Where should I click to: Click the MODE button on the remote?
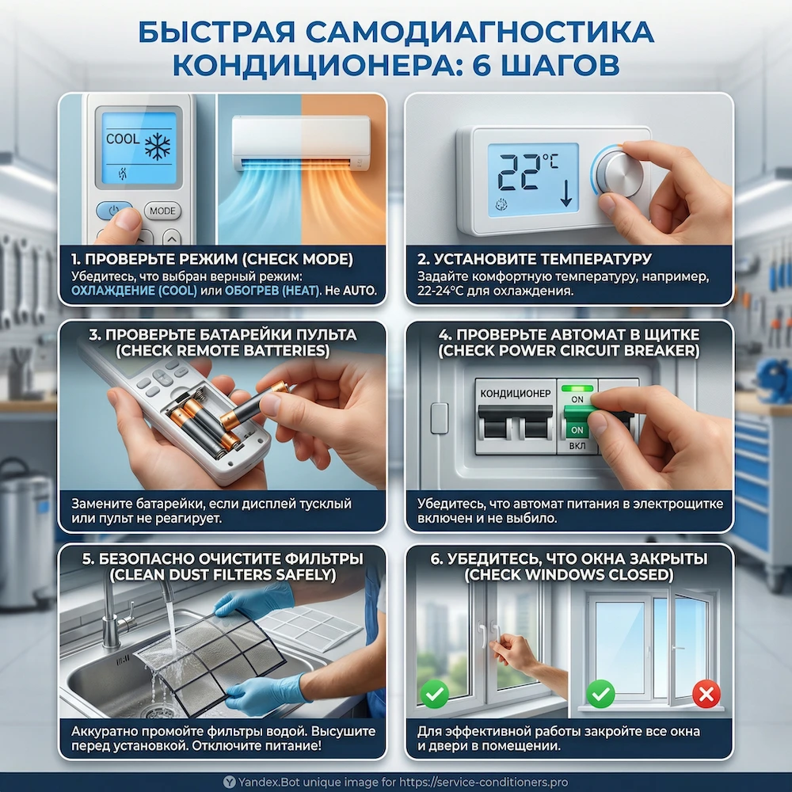[x=162, y=211]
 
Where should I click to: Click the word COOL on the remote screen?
[x=122, y=139]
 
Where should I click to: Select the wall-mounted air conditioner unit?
[x=300, y=143]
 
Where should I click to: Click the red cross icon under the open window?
[x=706, y=695]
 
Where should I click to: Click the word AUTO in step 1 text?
[x=360, y=291]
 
